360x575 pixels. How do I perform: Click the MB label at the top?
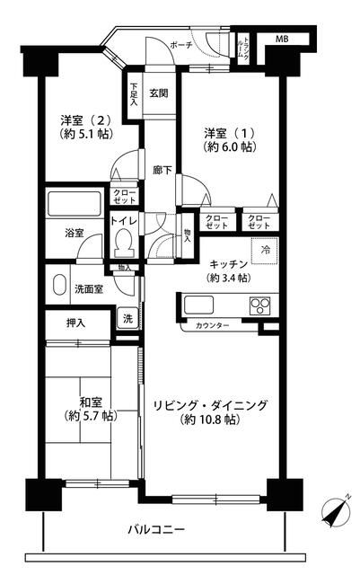tap(282, 40)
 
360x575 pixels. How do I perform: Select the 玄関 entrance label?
tap(160, 93)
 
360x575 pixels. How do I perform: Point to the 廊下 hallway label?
tap(162, 169)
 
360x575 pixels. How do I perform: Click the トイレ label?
tap(123, 220)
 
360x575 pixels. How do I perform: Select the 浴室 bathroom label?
tap(74, 233)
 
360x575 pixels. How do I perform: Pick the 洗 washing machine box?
tap(127, 318)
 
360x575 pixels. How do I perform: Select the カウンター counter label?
tap(212, 325)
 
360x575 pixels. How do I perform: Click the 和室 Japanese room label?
tap(88, 403)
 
